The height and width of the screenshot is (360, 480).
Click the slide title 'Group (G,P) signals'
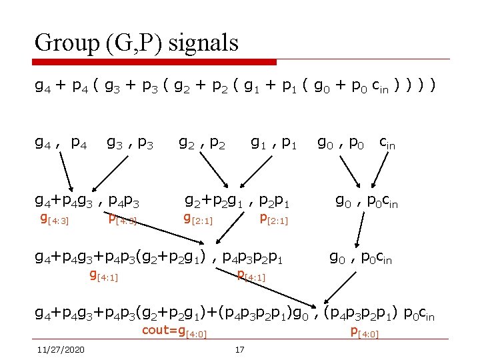click(137, 43)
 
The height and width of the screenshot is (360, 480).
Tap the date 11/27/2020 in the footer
click(61, 349)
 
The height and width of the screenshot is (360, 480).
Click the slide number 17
click(240, 349)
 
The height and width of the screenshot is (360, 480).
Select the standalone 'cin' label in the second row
click(387, 142)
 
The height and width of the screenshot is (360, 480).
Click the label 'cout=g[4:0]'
click(174, 333)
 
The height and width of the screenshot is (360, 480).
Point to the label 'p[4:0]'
click(364, 332)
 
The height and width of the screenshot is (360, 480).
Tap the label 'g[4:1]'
click(103, 275)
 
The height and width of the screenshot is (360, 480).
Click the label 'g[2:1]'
click(198, 218)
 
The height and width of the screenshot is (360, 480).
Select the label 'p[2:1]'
click(273, 218)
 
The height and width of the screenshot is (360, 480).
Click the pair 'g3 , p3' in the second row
click(131, 142)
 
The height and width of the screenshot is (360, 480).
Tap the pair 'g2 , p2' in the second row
click(203, 142)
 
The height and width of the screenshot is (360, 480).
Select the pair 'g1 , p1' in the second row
click(273, 142)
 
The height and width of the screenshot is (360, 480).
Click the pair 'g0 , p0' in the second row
click(340, 142)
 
